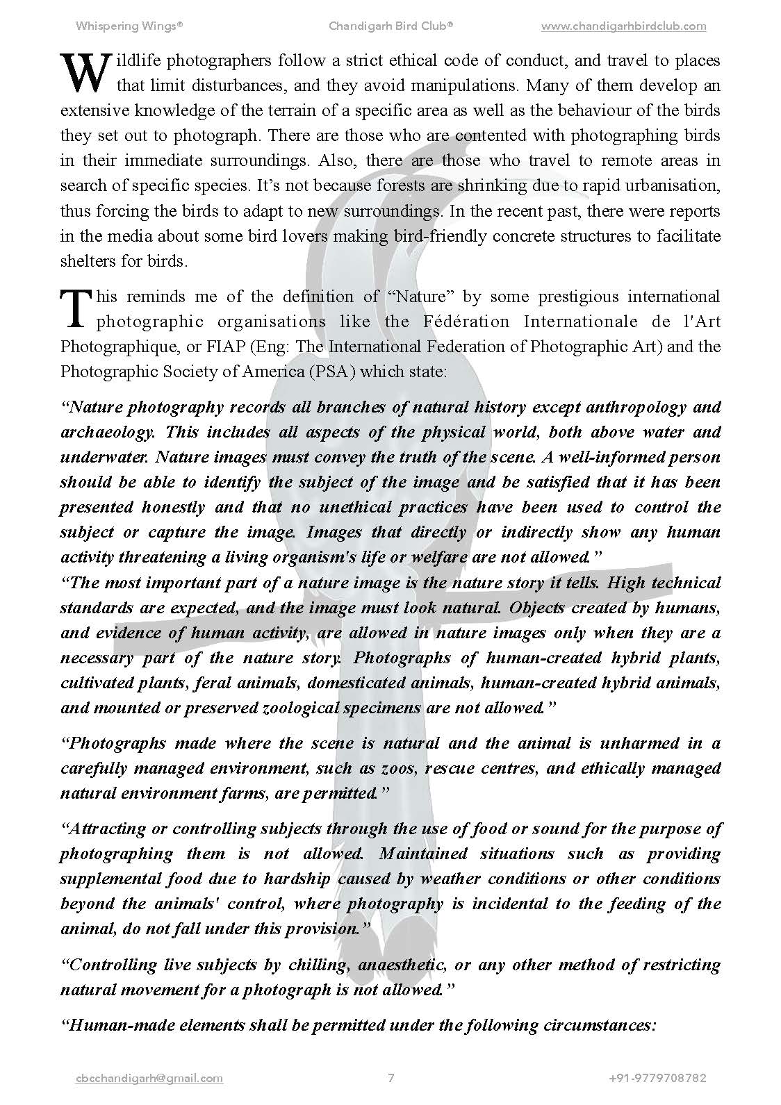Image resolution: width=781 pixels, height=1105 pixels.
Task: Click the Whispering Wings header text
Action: click(129, 26)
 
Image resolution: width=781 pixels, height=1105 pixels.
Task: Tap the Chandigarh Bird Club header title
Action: click(391, 26)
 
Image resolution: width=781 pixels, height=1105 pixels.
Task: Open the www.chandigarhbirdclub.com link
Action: click(623, 26)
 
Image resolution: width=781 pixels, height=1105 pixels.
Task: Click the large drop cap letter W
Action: click(86, 74)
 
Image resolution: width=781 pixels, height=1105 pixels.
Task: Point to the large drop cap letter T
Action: click(76, 309)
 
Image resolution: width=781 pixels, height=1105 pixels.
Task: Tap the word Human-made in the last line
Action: click(126, 1025)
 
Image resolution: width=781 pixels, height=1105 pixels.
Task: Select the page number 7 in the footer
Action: click(391, 1079)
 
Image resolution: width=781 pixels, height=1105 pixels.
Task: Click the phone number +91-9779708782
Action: click(657, 1079)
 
